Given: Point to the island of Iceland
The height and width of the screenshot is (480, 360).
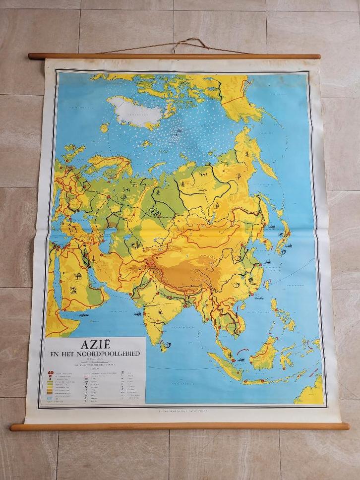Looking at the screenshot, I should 104,128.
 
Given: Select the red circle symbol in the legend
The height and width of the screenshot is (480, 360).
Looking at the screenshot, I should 49,372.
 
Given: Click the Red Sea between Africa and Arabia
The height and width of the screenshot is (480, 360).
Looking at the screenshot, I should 57,288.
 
